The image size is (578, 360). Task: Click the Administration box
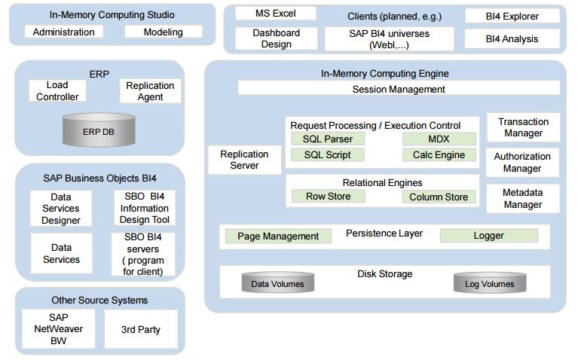coord(64,32)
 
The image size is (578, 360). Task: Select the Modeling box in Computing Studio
coord(164,32)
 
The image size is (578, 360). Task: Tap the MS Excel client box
coord(275,14)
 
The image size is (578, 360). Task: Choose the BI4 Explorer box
coord(512,16)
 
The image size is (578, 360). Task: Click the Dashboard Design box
coord(276,38)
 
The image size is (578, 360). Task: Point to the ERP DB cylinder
coord(99,130)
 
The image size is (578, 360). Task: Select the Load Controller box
coord(57,91)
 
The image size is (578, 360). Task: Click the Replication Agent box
coord(150,91)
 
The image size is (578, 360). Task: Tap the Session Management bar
coord(399,89)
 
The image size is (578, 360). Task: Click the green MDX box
coord(439,139)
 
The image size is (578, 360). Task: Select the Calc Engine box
coord(439,155)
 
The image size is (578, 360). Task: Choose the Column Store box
coord(439,197)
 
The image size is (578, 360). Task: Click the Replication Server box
coord(244,160)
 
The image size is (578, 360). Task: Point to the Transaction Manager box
coord(523,127)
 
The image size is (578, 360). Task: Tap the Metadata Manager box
coord(523,198)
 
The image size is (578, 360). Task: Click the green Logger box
coord(488,236)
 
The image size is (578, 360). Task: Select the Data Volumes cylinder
coord(277,284)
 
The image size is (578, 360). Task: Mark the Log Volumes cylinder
coord(488,284)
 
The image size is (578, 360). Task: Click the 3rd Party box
coord(141,329)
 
